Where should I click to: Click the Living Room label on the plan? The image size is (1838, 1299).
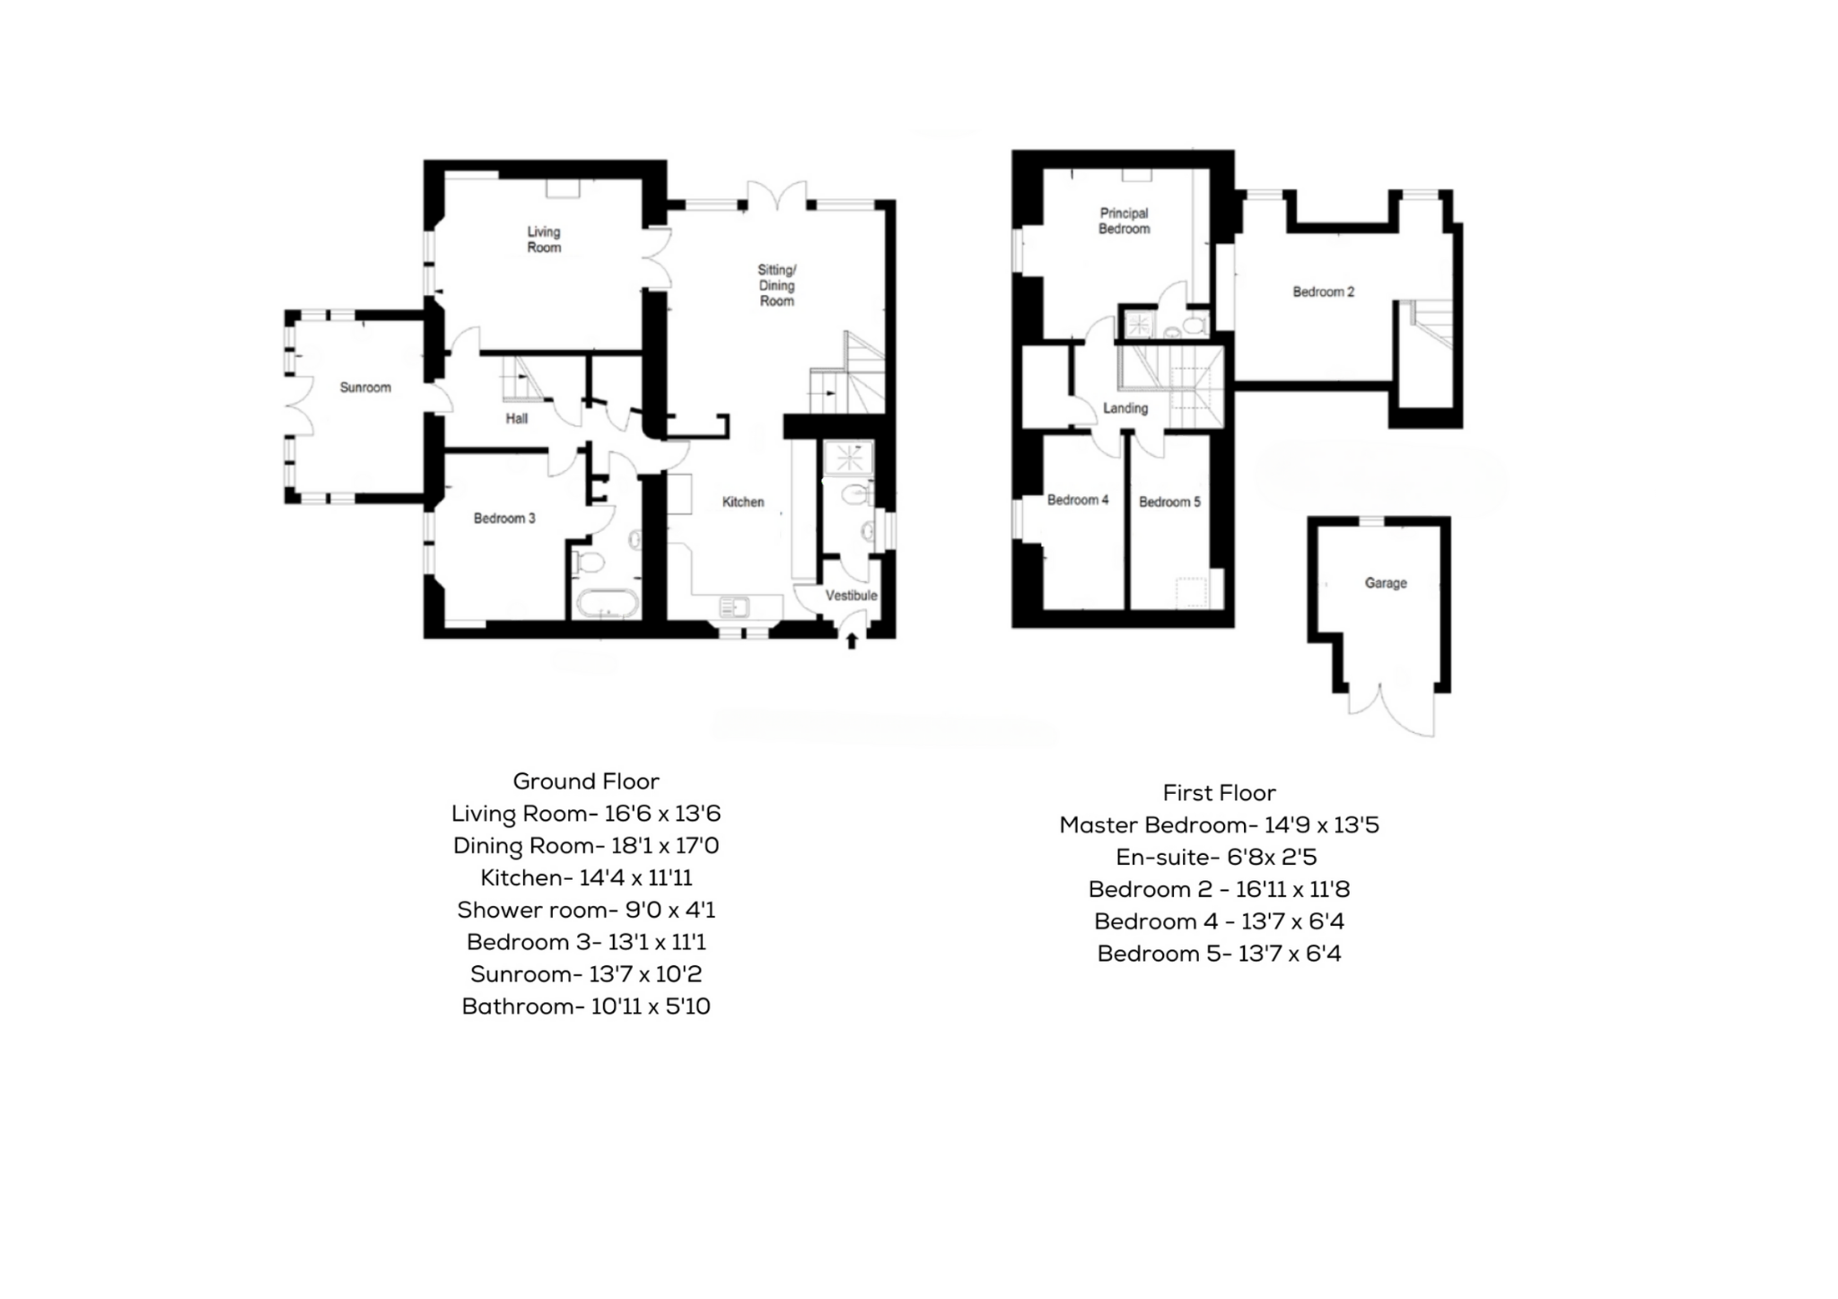[x=544, y=240]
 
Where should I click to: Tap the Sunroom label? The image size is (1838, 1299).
[x=365, y=388]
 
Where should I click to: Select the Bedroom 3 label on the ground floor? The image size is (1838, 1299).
[x=504, y=519]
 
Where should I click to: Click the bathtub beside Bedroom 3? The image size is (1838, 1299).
[x=607, y=604]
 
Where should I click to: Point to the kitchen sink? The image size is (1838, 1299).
[x=734, y=608]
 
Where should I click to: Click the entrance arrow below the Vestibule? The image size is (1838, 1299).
[x=851, y=640]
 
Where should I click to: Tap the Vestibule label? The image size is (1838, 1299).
[x=851, y=596]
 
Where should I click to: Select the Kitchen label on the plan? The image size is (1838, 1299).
[x=743, y=502]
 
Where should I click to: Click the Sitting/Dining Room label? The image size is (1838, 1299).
[x=777, y=285]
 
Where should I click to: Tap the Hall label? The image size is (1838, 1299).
[x=516, y=419]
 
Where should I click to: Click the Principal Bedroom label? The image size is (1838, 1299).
[x=1124, y=221]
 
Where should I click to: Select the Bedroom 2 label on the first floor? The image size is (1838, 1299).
[x=1323, y=292]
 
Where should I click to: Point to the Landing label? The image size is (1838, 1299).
[x=1125, y=408]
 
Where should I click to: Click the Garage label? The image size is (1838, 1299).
[x=1385, y=583]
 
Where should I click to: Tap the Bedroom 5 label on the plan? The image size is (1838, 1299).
[x=1168, y=502]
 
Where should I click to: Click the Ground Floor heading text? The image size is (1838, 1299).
[x=586, y=781]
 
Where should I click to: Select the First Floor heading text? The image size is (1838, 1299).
[x=1219, y=793]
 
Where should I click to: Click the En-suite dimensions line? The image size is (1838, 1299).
[x=1216, y=858]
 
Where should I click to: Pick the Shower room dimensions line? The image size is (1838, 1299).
[x=586, y=911]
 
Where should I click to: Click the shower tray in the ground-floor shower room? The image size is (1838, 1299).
[x=848, y=458]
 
